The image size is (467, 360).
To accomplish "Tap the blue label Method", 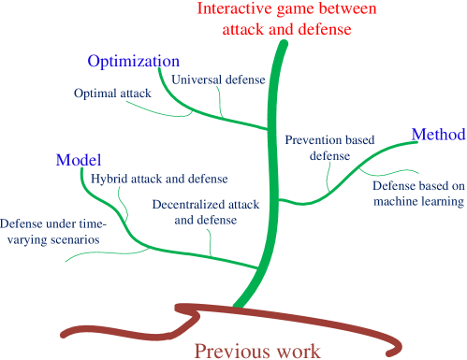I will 438,135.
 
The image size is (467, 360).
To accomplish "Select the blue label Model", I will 79,159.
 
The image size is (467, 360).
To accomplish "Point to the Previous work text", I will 256,351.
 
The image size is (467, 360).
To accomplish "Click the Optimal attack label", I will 112,94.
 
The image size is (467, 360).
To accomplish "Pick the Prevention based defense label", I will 328,148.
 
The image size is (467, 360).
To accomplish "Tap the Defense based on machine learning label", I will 417,193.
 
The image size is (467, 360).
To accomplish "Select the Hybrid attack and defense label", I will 159,178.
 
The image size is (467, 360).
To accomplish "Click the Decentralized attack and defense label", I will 205,211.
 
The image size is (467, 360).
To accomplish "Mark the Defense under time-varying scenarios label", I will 53,232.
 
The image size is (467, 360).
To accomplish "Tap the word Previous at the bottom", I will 226,351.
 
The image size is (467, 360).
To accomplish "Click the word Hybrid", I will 108,178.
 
